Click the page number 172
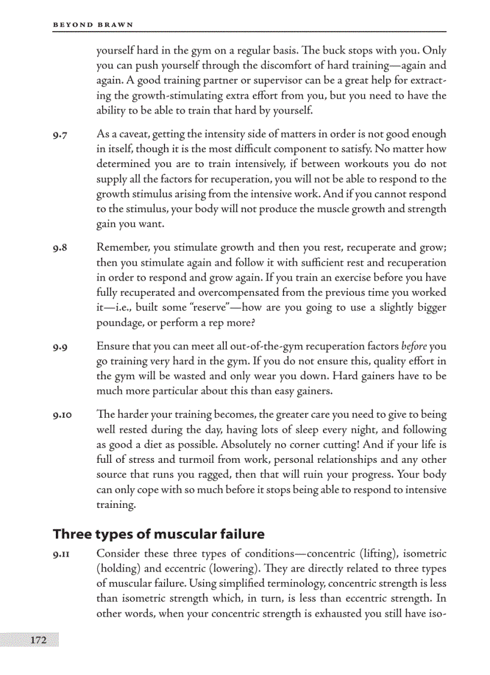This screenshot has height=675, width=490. (x=38, y=640)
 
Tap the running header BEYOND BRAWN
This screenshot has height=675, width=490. (x=93, y=25)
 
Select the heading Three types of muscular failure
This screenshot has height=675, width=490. (x=159, y=534)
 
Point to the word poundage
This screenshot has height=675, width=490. (x=118, y=322)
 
